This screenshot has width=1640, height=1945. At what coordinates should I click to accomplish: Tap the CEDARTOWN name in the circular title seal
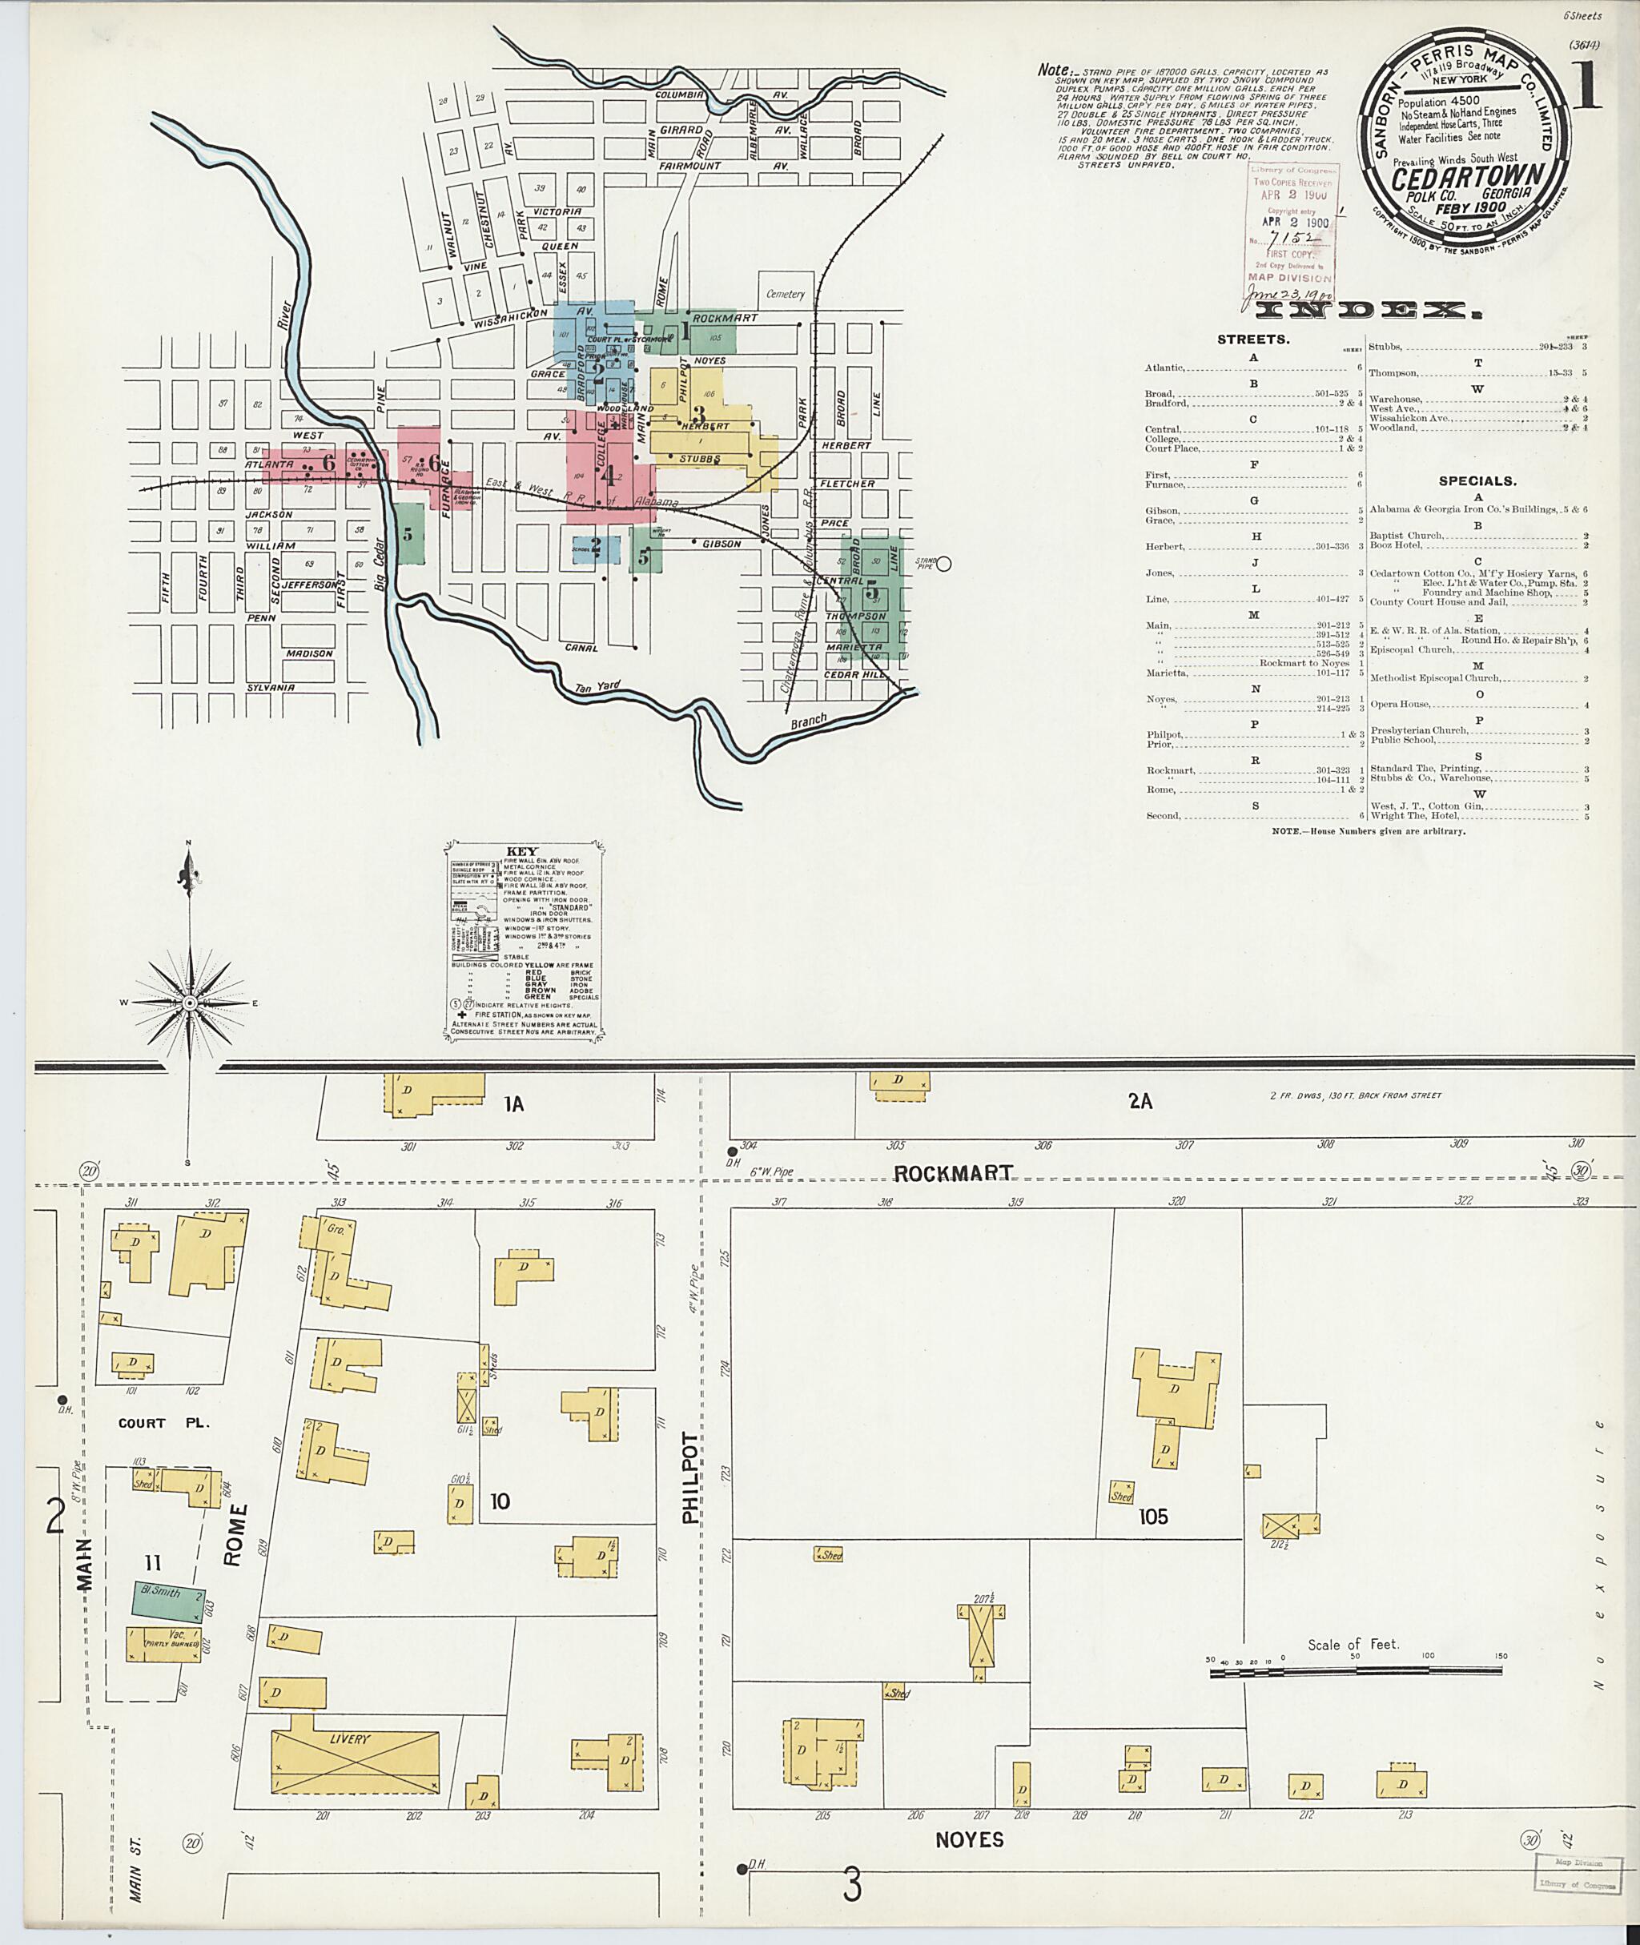(1469, 177)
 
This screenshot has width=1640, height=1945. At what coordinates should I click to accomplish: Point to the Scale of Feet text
(1353, 1645)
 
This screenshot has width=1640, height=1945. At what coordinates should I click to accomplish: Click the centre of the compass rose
(190, 1003)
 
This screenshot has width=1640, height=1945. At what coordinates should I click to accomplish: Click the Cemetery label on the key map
(785, 294)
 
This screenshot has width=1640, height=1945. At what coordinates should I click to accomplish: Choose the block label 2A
(1141, 1102)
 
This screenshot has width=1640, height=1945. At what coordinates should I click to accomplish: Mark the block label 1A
(513, 1104)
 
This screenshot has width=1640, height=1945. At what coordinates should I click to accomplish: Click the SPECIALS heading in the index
(1477, 480)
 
